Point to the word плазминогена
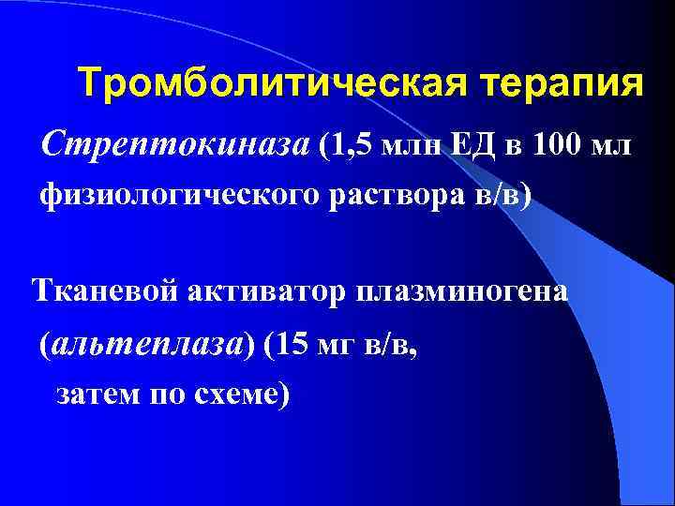460,291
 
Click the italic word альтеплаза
155,344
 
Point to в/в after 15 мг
390,344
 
